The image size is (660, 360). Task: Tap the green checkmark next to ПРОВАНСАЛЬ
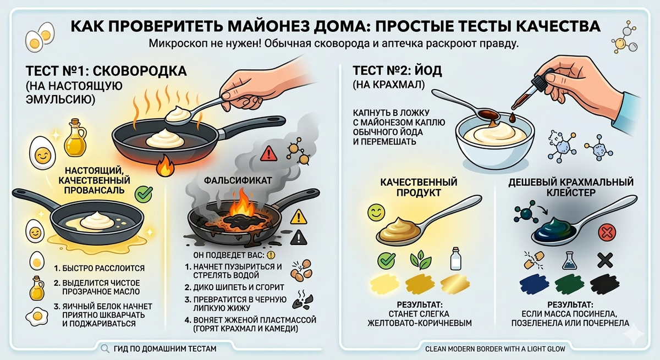tap(144, 192)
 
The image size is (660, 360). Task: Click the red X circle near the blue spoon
tap(606, 232)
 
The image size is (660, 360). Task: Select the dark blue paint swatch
tap(533, 284)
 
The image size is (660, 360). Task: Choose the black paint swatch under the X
tap(606, 284)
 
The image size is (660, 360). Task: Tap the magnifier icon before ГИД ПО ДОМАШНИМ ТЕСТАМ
tap(105, 348)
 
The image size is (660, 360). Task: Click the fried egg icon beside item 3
tap(34, 317)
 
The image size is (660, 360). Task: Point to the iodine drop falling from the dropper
tap(512, 117)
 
